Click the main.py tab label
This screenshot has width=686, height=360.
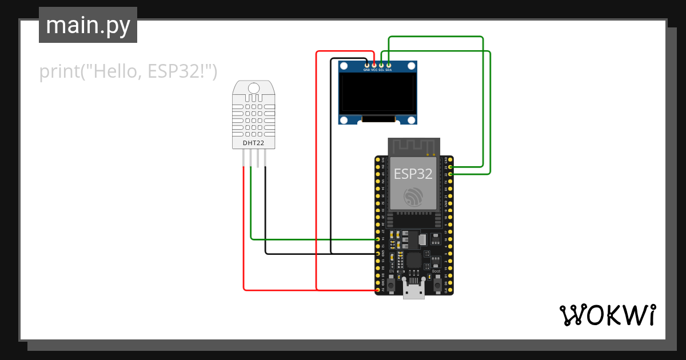coord(87,25)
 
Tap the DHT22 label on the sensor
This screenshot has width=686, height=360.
coord(253,142)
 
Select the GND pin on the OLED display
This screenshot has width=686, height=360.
coord(367,66)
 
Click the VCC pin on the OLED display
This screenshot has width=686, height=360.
coord(374,66)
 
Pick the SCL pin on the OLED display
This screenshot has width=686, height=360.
coord(381,66)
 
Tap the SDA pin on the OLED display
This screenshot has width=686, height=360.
coord(389,66)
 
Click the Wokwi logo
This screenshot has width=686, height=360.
coord(607,315)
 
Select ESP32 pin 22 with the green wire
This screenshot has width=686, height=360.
coord(450,174)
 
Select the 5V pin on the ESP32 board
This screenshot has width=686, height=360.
coord(377,290)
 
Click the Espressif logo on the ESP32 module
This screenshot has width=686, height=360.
coord(413,197)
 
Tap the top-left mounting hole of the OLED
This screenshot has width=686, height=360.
coord(344,67)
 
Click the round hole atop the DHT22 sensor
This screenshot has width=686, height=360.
coord(253,87)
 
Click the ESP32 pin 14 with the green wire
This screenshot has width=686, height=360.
coord(377,239)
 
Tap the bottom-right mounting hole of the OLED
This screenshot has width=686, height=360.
coord(410,119)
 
